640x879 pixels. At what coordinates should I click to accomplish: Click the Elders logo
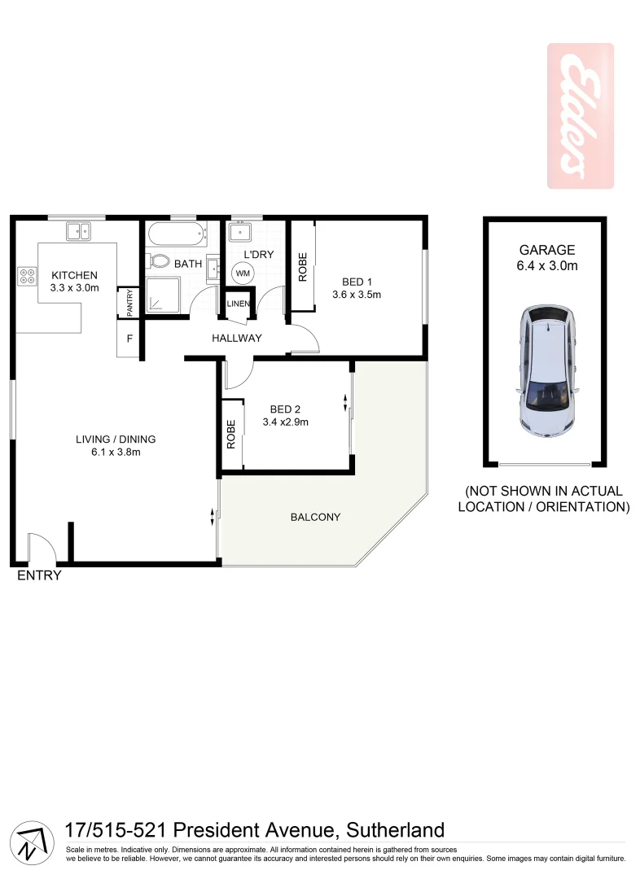click(x=580, y=116)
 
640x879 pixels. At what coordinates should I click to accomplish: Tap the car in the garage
click(x=547, y=370)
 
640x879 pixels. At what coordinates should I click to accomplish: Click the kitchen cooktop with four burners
click(x=26, y=276)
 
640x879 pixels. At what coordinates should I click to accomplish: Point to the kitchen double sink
click(x=78, y=231)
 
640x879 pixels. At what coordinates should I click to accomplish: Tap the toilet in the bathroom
click(x=158, y=262)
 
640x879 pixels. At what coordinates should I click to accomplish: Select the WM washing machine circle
click(x=243, y=273)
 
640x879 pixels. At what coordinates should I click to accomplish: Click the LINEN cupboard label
click(x=239, y=304)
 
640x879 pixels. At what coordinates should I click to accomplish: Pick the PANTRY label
click(x=129, y=303)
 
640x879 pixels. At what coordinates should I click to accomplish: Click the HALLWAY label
click(x=237, y=338)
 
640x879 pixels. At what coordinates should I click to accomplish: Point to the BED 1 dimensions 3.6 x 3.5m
click(x=357, y=295)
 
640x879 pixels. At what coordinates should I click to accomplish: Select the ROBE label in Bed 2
click(x=231, y=435)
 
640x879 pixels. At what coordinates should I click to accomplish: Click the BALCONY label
click(x=315, y=517)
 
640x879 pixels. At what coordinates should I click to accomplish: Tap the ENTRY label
click(x=39, y=576)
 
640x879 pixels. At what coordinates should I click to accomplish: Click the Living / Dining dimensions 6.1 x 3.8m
click(x=115, y=453)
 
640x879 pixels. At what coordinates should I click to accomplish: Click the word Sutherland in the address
click(x=396, y=830)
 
